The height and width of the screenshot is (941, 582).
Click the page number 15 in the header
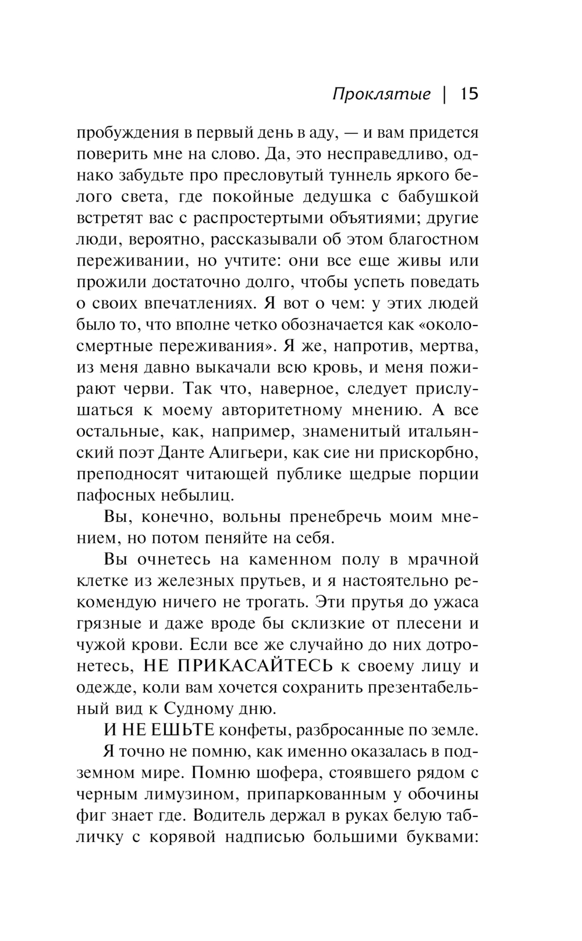click(469, 94)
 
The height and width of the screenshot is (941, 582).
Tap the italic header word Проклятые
click(382, 95)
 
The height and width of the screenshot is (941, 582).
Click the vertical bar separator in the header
click(445, 94)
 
